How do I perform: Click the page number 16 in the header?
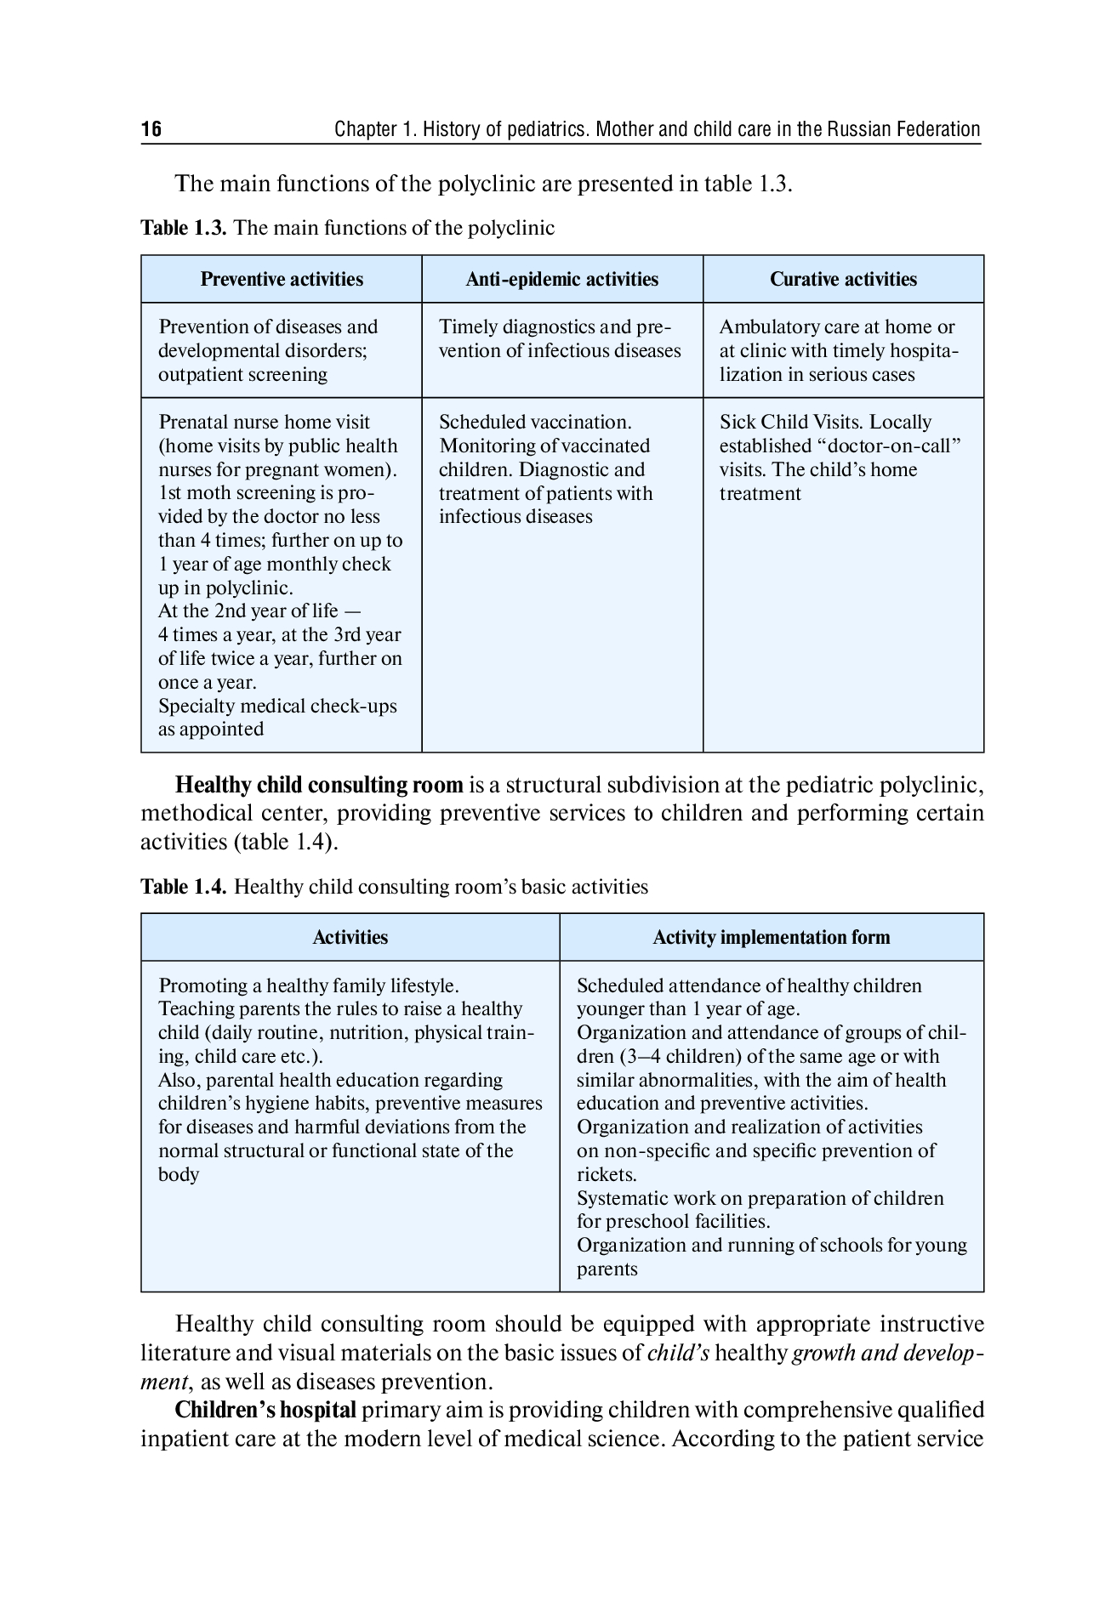pyautogui.click(x=151, y=129)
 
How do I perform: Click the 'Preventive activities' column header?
pyautogui.click(x=282, y=280)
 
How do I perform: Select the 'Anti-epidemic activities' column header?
pyautogui.click(x=561, y=280)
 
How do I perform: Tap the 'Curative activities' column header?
pyautogui.click(x=843, y=280)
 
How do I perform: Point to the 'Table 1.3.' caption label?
pyautogui.click(x=184, y=228)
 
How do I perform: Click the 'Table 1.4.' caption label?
pyautogui.click(x=184, y=887)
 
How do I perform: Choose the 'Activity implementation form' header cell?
pyautogui.click(x=771, y=938)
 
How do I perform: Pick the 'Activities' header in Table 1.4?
pyautogui.click(x=350, y=938)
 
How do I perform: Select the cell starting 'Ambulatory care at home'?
pyautogui.click(x=839, y=350)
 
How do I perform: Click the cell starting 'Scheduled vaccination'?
pyautogui.click(x=545, y=469)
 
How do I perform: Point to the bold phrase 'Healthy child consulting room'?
pyautogui.click(x=319, y=784)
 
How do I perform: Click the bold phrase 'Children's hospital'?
pyautogui.click(x=265, y=1410)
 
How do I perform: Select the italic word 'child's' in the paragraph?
pyautogui.click(x=678, y=1353)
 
